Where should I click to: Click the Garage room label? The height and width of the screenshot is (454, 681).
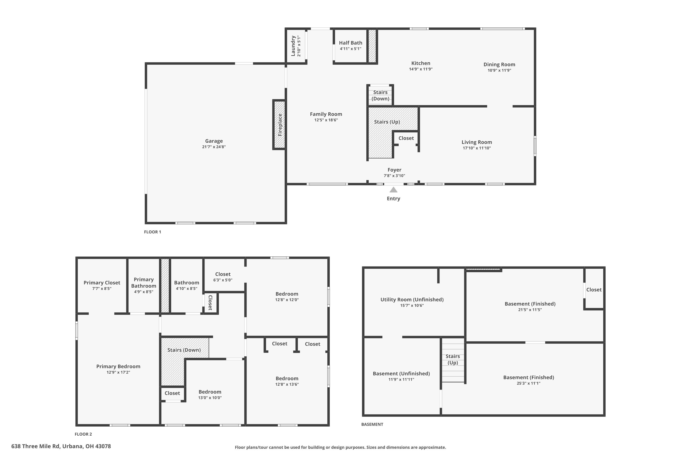pyautogui.click(x=214, y=141)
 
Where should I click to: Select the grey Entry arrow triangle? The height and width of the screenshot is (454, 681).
pyautogui.click(x=393, y=190)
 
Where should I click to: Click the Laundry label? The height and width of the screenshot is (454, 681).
pyautogui.click(x=293, y=46)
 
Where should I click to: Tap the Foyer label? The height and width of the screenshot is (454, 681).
pyautogui.click(x=394, y=170)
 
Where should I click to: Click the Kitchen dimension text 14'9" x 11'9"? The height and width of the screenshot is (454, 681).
pyautogui.click(x=421, y=69)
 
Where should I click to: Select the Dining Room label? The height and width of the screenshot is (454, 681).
pyautogui.click(x=499, y=64)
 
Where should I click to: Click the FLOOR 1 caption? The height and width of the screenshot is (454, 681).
pyautogui.click(x=153, y=232)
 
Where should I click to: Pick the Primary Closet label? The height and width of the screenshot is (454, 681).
pyautogui.click(x=102, y=283)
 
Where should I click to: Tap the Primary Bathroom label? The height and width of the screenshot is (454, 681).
pyautogui.click(x=144, y=283)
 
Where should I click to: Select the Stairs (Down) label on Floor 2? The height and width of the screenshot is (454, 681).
pyautogui.click(x=184, y=350)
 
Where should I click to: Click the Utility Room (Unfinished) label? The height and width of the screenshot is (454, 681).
pyautogui.click(x=412, y=299)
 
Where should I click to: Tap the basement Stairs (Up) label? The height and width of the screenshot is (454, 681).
pyautogui.click(x=453, y=359)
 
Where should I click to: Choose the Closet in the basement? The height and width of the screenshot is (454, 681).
pyautogui.click(x=594, y=290)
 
